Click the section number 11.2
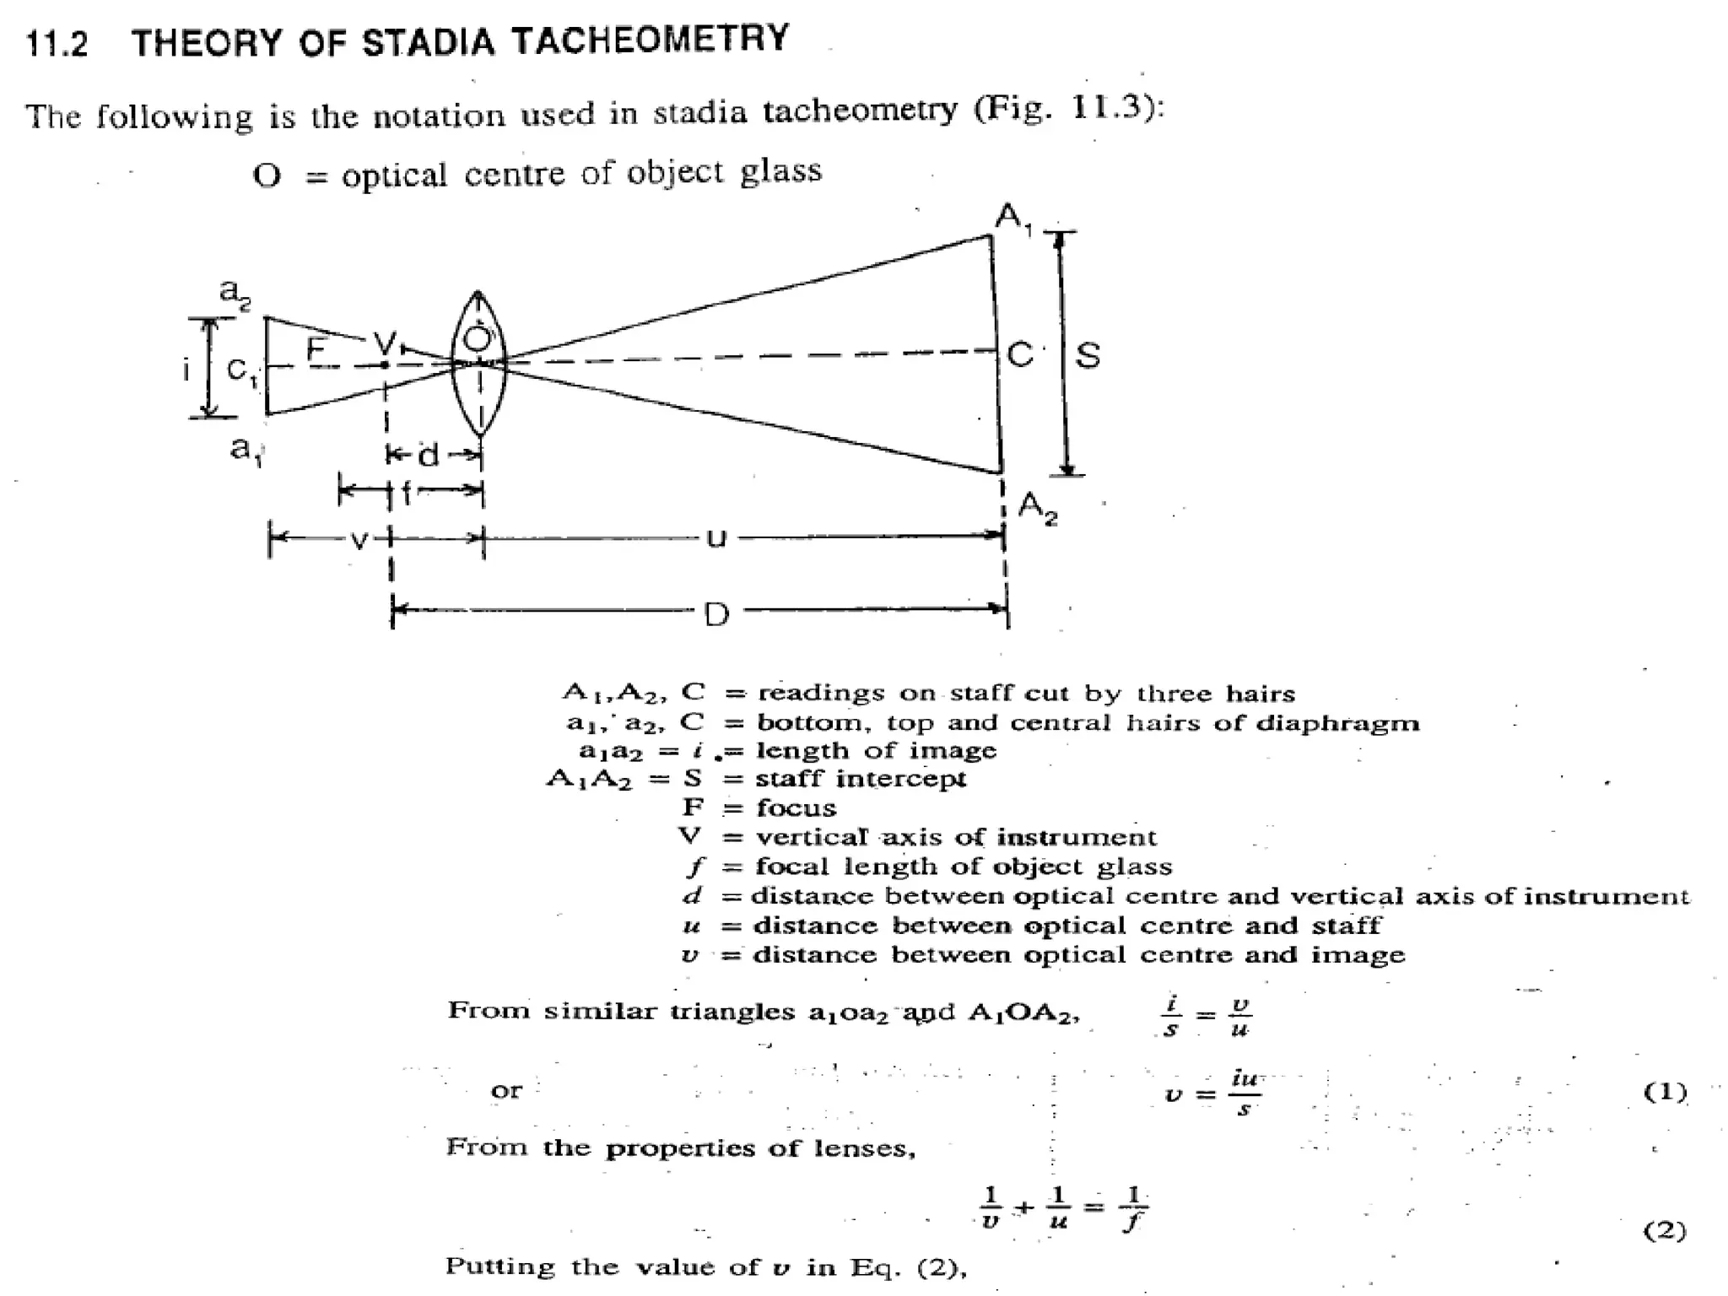click(57, 43)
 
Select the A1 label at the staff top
click(1012, 219)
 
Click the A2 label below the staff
click(1037, 509)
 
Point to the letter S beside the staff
click(1088, 355)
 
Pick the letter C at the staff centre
click(1020, 355)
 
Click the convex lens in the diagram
click(478, 364)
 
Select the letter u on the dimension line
click(715, 537)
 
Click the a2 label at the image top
click(235, 292)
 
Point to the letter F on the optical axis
click(316, 348)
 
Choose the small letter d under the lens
click(429, 456)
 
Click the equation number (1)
click(1665, 1092)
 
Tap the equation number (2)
click(1665, 1231)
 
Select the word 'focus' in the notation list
click(796, 808)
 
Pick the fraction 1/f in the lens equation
click(1132, 1209)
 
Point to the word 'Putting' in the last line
click(500, 1266)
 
